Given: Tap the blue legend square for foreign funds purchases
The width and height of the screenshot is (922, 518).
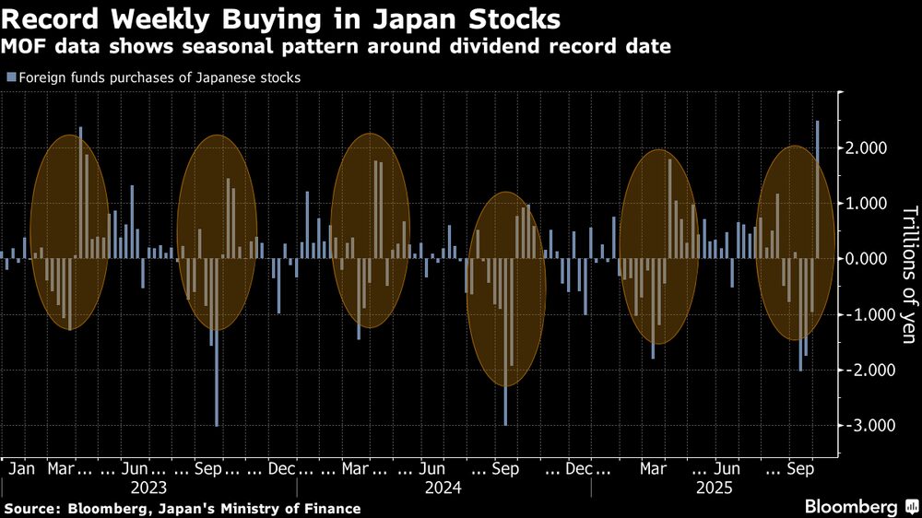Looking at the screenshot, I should (x=10, y=78).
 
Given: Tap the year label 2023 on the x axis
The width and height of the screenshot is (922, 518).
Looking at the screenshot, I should (x=148, y=487).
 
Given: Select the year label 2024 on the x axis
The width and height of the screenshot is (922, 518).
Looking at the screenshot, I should (x=443, y=487).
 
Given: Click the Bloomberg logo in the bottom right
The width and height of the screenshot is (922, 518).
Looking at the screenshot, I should (x=853, y=507).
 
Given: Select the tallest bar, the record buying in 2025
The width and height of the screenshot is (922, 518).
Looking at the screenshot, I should (x=817, y=189).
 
